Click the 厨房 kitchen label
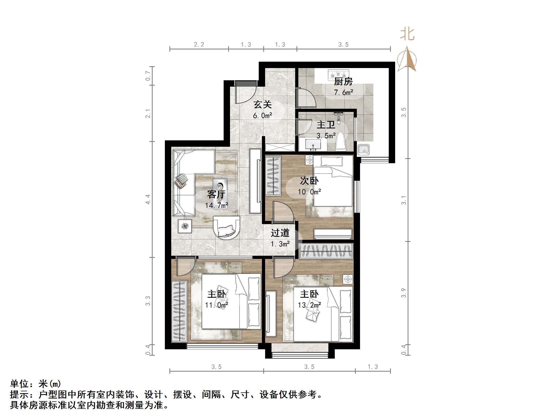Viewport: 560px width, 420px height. [x=343, y=82]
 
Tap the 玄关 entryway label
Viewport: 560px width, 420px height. [x=262, y=104]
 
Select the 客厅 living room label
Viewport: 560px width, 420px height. [x=216, y=194]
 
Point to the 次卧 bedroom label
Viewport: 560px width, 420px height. [x=309, y=181]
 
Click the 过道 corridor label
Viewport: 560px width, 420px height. [x=280, y=233]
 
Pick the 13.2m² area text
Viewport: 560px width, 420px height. [x=309, y=305]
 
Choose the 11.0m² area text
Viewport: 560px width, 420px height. [x=216, y=305]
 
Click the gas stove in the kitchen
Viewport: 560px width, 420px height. [x=338, y=74]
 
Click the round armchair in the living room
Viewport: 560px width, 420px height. [x=227, y=228]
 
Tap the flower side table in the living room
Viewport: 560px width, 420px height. [x=185, y=226]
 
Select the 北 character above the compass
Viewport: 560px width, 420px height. [x=407, y=35]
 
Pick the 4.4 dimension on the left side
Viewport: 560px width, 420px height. [x=148, y=199]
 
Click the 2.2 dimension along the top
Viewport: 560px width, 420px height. [x=199, y=45]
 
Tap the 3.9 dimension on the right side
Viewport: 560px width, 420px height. [x=404, y=293]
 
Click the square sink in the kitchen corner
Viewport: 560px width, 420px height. [x=363, y=150]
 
